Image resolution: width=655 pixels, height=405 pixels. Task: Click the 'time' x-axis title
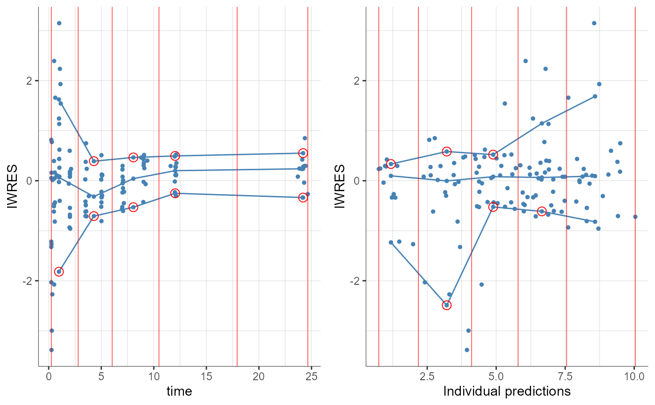click(179, 391)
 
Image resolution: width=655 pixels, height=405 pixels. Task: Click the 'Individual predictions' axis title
click(507, 391)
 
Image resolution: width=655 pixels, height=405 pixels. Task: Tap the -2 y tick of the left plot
click(29, 281)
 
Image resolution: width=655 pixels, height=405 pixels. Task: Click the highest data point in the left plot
click(59, 23)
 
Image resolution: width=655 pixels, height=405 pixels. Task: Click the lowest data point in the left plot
click(51, 350)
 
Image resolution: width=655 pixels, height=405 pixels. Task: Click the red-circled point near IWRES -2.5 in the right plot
click(446, 305)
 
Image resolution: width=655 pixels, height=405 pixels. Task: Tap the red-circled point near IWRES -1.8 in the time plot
click(59, 271)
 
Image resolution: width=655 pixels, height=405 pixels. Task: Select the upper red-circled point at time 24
click(303, 153)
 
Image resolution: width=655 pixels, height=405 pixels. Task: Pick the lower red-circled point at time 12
click(175, 193)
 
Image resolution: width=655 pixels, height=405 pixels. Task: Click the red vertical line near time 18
click(237, 187)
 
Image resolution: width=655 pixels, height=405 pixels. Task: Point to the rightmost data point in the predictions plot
click(635, 217)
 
